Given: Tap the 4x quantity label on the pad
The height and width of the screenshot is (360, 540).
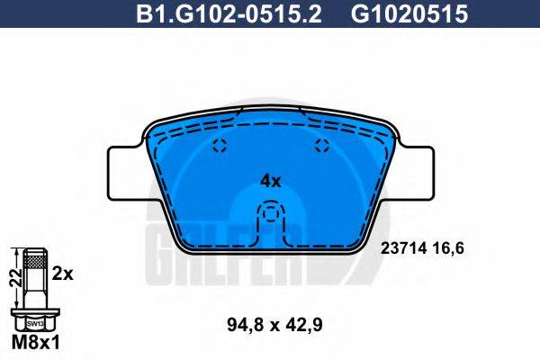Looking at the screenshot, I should click(270, 180).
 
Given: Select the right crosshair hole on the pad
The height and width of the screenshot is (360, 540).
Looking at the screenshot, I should click(322, 148).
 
